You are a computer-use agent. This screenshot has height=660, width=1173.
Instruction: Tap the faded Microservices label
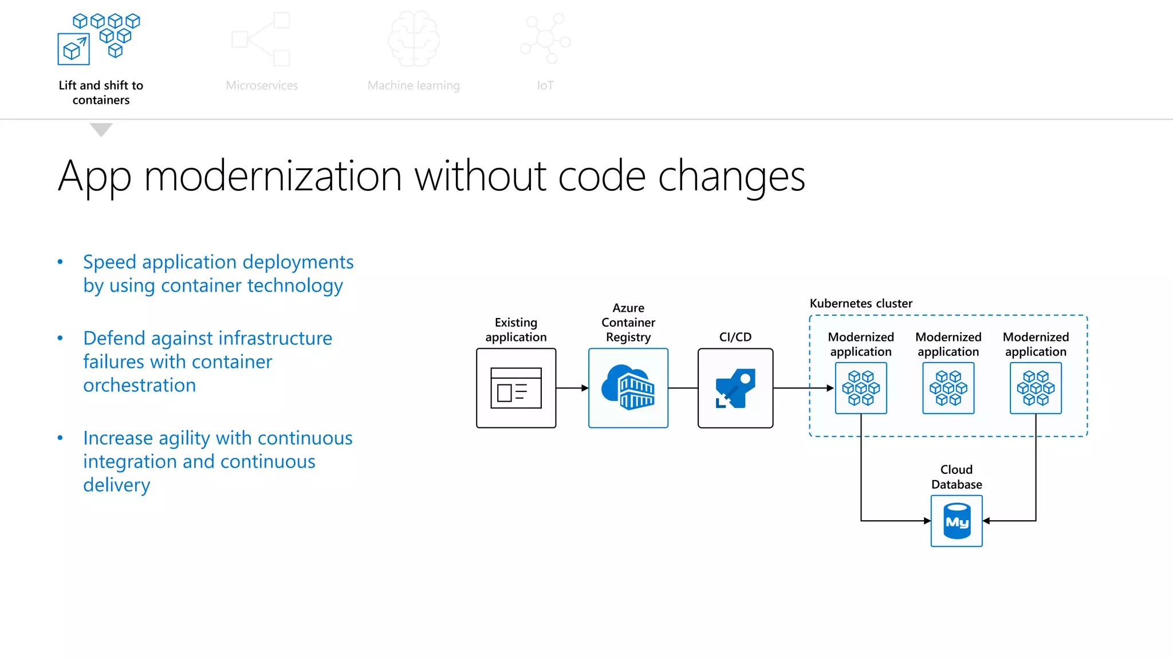click(x=262, y=86)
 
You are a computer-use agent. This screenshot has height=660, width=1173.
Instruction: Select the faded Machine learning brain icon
click(x=414, y=39)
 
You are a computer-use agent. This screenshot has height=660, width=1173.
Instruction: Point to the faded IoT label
click(x=545, y=86)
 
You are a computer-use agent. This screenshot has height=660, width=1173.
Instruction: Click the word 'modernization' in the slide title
click(x=273, y=176)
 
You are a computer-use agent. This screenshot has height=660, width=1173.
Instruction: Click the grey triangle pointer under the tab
click(x=101, y=129)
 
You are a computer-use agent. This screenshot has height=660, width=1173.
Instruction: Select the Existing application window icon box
click(x=516, y=388)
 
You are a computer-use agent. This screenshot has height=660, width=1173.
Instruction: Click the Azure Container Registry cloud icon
click(x=628, y=388)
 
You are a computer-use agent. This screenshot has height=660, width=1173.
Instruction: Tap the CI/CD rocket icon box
click(x=735, y=388)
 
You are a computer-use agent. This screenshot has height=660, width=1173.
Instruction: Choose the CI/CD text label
click(x=735, y=337)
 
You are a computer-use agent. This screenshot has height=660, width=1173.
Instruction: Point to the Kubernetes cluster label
click(x=861, y=304)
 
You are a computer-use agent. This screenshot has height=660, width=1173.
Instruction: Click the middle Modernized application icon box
click(x=948, y=388)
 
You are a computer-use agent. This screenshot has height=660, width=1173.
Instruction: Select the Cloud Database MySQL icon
click(x=956, y=521)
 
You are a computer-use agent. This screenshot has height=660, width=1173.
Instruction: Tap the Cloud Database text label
click(x=956, y=477)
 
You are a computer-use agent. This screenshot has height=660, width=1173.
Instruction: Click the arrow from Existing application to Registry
click(x=572, y=388)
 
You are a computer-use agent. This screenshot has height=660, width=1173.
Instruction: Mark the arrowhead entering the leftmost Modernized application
click(x=830, y=388)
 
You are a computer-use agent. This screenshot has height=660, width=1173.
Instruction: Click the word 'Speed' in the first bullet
click(x=109, y=262)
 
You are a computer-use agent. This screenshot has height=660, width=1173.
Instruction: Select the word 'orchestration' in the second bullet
click(x=140, y=386)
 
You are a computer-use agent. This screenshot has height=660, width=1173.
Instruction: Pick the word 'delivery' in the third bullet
click(x=117, y=485)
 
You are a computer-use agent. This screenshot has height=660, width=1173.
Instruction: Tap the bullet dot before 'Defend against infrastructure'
click(x=60, y=338)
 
